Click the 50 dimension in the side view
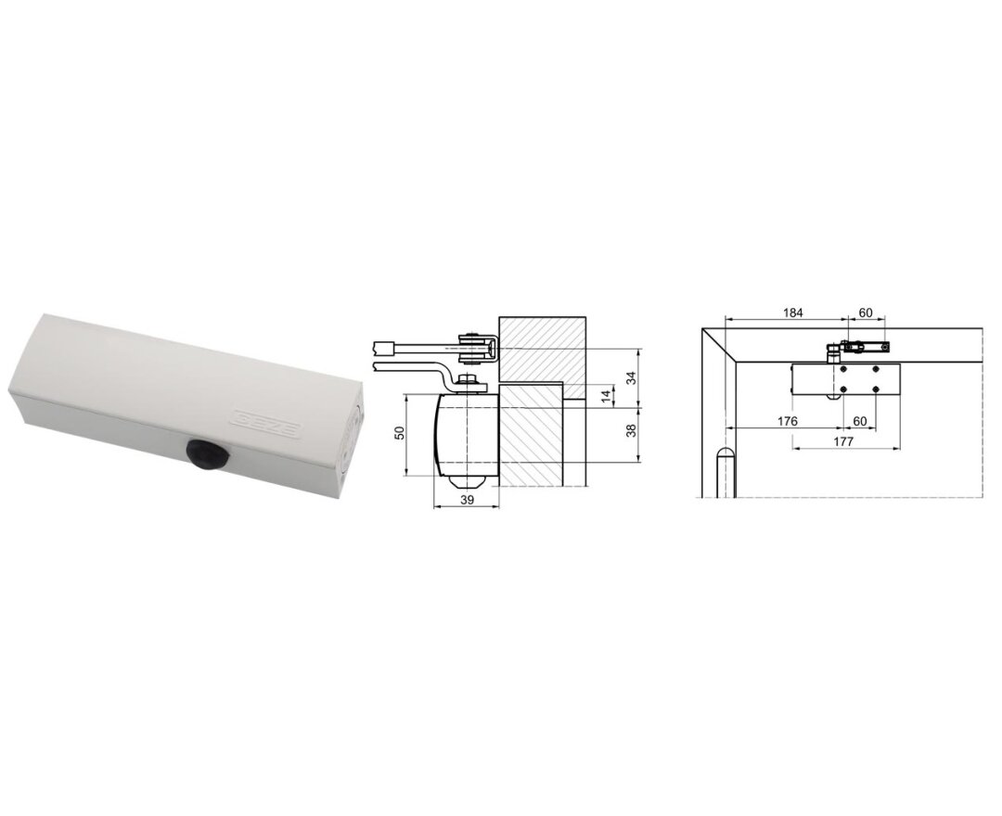tap(399, 432)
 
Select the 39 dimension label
tap(467, 500)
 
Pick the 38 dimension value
tap(632, 429)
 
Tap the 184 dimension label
tap(792, 312)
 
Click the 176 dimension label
tap(788, 421)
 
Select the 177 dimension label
tap(843, 441)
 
